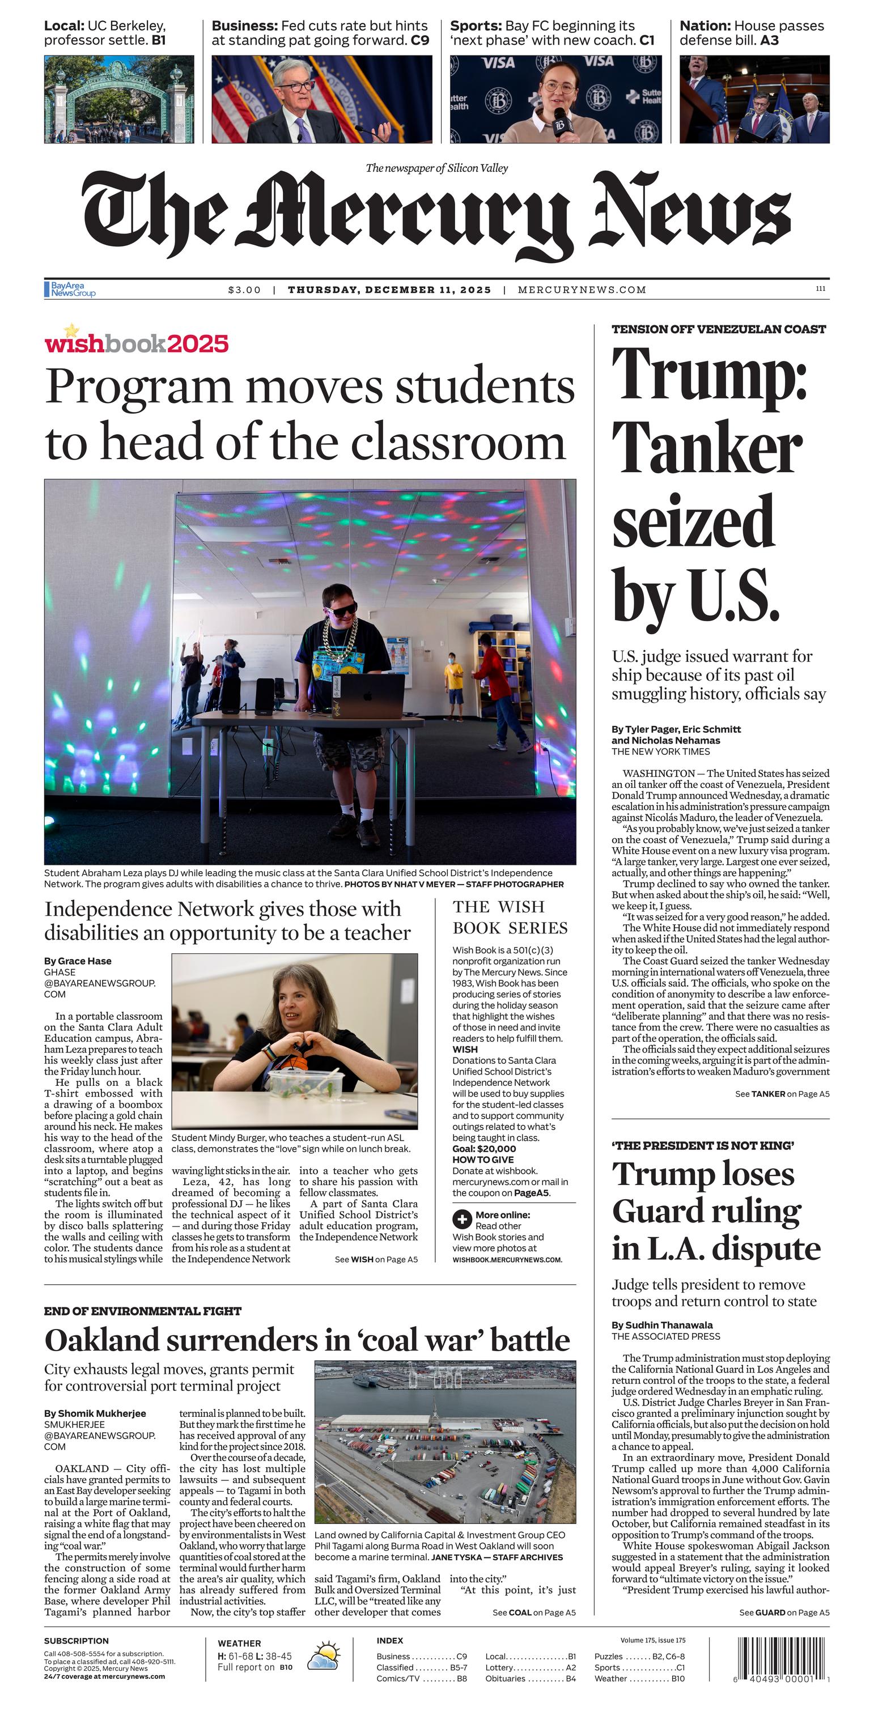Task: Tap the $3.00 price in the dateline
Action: pos(244,290)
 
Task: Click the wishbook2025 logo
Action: pos(136,342)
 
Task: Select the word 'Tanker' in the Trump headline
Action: pos(706,449)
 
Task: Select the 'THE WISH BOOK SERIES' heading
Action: pos(510,917)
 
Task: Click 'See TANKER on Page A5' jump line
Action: pos(782,1093)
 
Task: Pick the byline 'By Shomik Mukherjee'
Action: pos(95,1413)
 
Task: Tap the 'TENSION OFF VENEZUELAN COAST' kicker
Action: pos(718,329)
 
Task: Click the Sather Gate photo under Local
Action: pos(118,99)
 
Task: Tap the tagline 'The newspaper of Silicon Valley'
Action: pos(436,168)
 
